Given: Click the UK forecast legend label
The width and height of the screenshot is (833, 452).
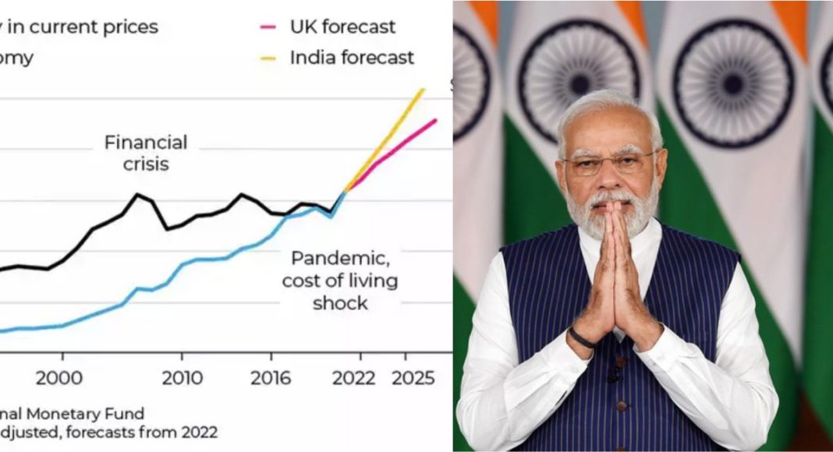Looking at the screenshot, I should click(x=342, y=26).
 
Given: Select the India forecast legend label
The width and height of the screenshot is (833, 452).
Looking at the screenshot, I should click(x=352, y=57).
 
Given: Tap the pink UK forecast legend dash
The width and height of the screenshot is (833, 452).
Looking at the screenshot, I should click(x=268, y=27).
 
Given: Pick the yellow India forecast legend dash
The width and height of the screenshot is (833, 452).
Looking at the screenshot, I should click(x=268, y=58).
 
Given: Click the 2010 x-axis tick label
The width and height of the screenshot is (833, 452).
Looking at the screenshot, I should click(x=182, y=378).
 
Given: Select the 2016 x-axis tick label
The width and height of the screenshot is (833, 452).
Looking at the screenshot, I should click(x=270, y=378).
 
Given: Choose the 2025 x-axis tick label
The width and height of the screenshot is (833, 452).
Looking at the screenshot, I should click(x=413, y=378).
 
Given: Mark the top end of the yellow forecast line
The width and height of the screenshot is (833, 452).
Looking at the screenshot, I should click(x=423, y=89).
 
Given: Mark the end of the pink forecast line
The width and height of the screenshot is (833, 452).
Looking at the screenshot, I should click(x=435, y=120).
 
